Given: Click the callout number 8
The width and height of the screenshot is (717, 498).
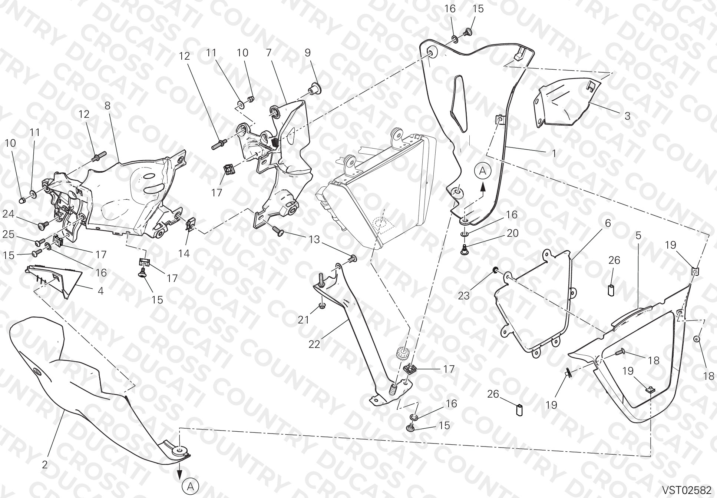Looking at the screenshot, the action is (108, 106).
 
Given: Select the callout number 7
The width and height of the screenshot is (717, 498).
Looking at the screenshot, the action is (269, 53).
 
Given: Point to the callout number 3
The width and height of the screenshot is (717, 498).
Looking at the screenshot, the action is (627, 116).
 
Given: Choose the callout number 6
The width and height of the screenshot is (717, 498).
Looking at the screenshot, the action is (608, 223).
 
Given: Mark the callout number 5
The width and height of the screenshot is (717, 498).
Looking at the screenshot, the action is (638, 235).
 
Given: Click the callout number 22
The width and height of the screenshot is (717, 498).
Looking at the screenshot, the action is (314, 344).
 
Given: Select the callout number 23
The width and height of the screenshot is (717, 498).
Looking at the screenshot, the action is (464, 296).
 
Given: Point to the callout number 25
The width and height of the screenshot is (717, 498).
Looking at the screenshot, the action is (9, 234).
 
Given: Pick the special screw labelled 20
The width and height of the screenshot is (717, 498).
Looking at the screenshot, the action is (463, 250).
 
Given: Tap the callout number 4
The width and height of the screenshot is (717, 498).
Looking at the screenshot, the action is (100, 290).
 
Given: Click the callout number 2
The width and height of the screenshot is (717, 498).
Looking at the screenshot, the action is (45, 465).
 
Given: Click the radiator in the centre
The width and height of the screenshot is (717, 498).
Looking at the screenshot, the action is (374, 189).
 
